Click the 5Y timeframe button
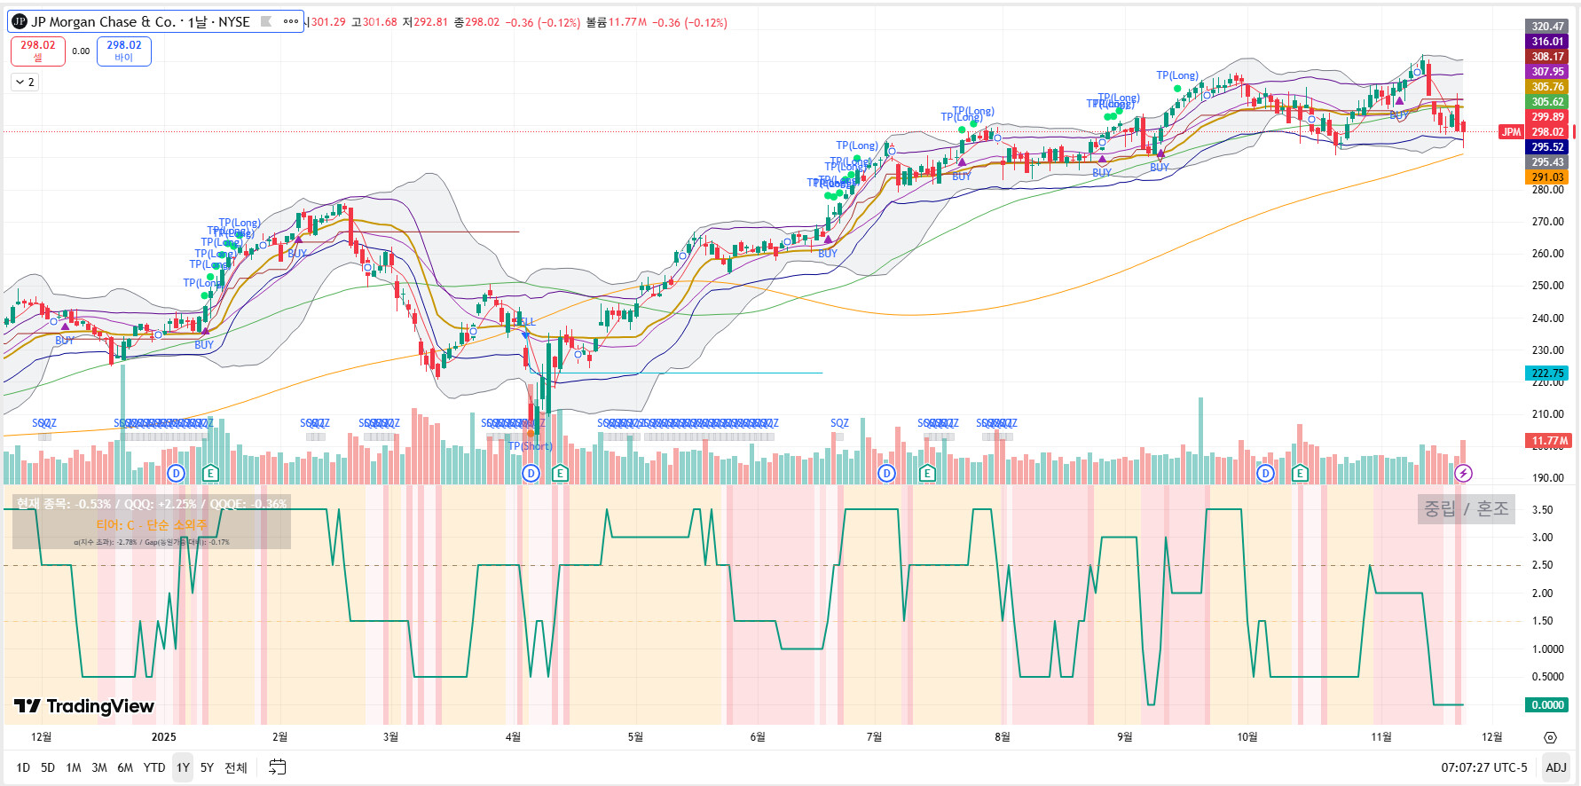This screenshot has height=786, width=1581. coord(207,767)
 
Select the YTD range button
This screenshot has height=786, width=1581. coord(154,767)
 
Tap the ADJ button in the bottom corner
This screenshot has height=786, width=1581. coord(1555,767)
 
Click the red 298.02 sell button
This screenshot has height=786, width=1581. coord(38,51)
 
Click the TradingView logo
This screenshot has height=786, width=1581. coord(84,706)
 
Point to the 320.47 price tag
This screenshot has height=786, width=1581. coord(1547,27)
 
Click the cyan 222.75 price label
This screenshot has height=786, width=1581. coord(1547,373)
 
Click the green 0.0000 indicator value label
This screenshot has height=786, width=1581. coord(1547,705)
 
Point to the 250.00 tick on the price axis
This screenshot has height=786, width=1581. coord(1547,286)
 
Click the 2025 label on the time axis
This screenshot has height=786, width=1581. coord(164,737)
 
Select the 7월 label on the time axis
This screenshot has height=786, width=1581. coord(874,737)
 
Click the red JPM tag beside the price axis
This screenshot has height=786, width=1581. coord(1511,132)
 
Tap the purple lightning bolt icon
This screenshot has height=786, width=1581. coord(1463,473)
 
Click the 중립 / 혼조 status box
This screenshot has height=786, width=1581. coord(1466,509)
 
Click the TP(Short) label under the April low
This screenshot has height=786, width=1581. coord(531,446)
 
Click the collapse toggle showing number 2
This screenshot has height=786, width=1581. coord(25,83)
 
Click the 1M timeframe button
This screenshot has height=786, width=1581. coord(74,767)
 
